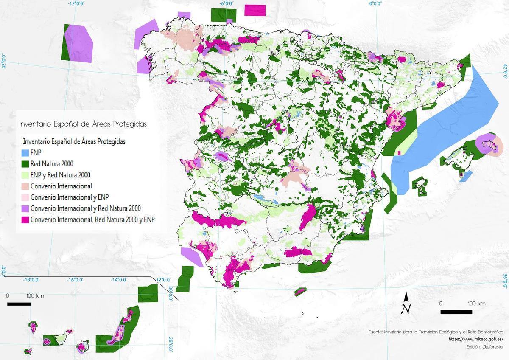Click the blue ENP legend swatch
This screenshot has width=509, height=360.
point(25,152)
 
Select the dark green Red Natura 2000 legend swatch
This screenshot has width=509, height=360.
point(25,163)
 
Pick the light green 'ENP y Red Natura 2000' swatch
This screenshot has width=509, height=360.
point(25,174)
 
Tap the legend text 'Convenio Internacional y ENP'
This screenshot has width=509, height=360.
point(72,197)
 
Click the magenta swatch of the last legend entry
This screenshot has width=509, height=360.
point(25,219)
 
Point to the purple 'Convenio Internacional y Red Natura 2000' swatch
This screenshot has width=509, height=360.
point(25,208)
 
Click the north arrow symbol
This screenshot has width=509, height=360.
point(406,303)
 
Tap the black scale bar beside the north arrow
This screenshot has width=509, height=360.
point(456,312)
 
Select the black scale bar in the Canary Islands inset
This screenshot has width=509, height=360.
point(19,304)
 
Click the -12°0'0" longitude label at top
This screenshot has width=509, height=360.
point(76,3)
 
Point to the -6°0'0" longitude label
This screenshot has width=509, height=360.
point(227,3)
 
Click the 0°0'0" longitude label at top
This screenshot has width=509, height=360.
point(375,3)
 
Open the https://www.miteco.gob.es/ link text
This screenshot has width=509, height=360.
point(475,339)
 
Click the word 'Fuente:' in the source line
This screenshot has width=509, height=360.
point(376,332)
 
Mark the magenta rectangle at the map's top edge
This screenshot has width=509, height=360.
point(255,10)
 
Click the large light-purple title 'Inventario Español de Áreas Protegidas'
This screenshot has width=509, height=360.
point(83,124)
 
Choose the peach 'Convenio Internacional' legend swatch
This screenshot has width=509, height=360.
point(25,186)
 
